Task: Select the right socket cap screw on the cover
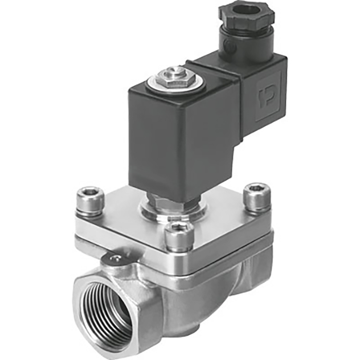click(257, 196)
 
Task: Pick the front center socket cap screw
click(178, 236)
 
